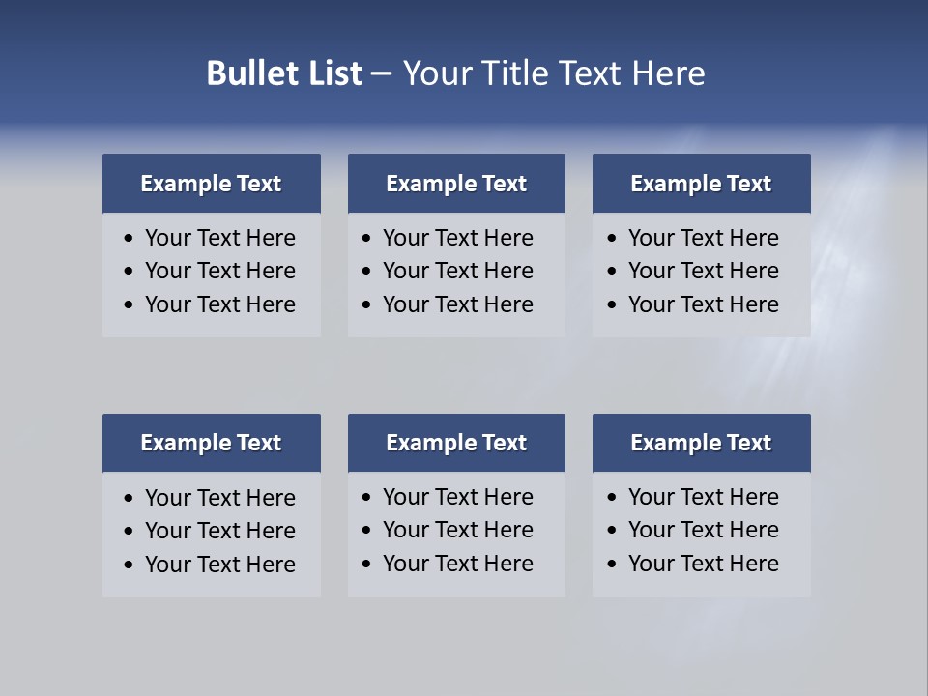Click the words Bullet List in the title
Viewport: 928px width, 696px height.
click(284, 73)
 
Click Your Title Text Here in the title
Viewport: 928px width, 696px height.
click(554, 73)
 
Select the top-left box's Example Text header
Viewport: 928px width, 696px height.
click(211, 184)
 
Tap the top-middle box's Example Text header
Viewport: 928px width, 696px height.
click(456, 184)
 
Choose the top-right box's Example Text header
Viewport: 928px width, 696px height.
click(701, 184)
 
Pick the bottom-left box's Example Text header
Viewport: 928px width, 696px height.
click(211, 443)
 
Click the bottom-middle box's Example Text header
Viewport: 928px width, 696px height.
click(456, 443)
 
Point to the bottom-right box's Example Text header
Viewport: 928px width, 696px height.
click(701, 443)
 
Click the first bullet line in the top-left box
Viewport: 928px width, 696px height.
click(219, 238)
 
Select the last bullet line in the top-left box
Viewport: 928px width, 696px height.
click(219, 304)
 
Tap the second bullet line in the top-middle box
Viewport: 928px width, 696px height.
click(457, 271)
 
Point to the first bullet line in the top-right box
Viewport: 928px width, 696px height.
click(703, 238)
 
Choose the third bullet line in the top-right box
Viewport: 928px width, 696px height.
click(703, 304)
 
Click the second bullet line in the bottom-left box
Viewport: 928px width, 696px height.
click(219, 531)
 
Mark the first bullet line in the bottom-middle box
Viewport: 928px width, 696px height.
click(457, 497)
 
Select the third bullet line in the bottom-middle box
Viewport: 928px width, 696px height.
click(457, 564)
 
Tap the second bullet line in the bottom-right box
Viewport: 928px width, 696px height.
click(703, 530)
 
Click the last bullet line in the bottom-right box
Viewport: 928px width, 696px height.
click(703, 564)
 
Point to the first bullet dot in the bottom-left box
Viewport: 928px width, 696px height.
click(130, 499)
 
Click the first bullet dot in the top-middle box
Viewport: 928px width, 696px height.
click(366, 239)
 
